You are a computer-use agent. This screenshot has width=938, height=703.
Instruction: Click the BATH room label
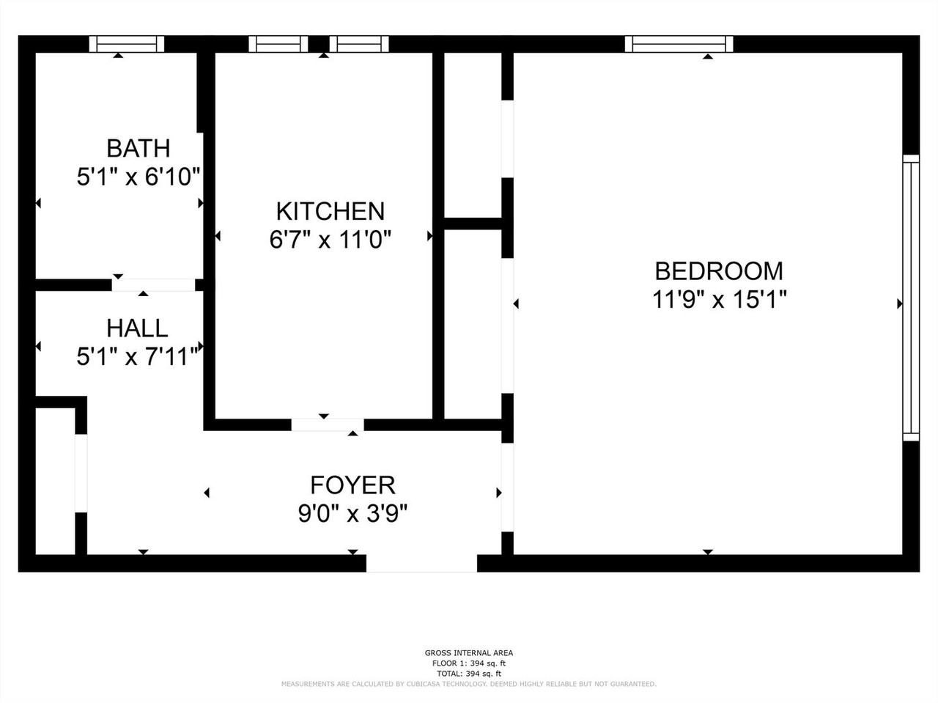(x=138, y=148)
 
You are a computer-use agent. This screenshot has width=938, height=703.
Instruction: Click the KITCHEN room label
(x=330, y=211)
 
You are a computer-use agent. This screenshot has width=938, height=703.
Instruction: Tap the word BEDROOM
(x=718, y=271)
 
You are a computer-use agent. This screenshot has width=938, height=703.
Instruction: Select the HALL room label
(x=137, y=328)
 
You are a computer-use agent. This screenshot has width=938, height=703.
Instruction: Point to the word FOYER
(x=352, y=485)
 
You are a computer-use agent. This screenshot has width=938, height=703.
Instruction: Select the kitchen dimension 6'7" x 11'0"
(x=330, y=240)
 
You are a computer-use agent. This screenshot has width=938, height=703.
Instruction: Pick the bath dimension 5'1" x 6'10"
(x=139, y=177)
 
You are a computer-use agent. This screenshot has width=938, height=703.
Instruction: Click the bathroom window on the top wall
(x=126, y=44)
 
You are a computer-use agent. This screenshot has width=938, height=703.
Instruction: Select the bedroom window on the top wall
(x=679, y=44)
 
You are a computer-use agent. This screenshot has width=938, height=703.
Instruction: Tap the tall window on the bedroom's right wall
(x=910, y=298)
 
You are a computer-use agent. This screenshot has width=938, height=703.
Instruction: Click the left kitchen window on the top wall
(x=278, y=44)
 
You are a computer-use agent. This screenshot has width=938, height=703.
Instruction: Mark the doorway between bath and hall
(x=154, y=284)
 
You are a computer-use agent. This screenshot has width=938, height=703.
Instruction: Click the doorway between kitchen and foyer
(x=328, y=424)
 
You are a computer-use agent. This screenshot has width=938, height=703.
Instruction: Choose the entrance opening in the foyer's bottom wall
(x=421, y=563)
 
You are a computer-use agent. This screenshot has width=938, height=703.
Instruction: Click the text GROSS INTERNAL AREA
(x=469, y=653)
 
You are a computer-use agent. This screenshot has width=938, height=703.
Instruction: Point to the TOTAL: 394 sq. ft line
(x=469, y=673)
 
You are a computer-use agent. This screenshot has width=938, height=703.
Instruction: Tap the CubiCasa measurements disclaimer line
(x=469, y=684)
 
